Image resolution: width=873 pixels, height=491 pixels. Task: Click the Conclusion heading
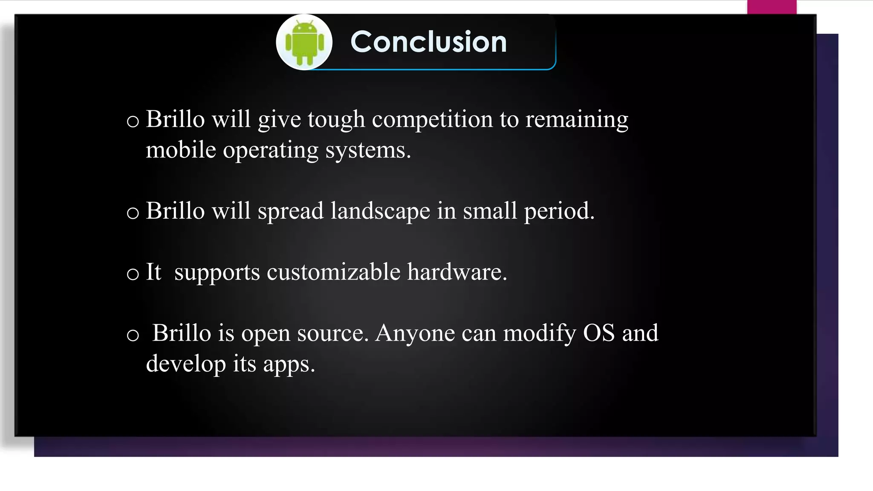(x=428, y=42)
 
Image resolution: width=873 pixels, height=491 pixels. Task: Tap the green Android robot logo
(x=304, y=43)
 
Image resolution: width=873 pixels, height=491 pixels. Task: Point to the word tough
(x=336, y=120)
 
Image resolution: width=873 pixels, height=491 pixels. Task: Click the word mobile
(x=181, y=150)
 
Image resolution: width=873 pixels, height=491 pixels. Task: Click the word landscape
(x=380, y=211)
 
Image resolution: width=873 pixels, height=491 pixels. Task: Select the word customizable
(x=333, y=272)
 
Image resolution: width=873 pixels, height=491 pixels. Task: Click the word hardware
(x=457, y=272)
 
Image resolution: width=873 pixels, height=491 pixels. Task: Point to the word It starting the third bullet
(x=153, y=272)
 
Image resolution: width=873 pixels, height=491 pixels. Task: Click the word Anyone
(x=415, y=333)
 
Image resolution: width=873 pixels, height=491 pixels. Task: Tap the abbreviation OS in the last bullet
(x=598, y=333)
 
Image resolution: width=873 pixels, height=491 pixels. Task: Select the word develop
(x=186, y=364)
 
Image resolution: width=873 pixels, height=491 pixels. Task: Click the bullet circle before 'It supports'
(x=133, y=274)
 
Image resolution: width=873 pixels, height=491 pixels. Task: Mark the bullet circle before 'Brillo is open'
(x=133, y=335)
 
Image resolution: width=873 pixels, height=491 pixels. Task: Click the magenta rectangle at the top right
(x=772, y=7)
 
